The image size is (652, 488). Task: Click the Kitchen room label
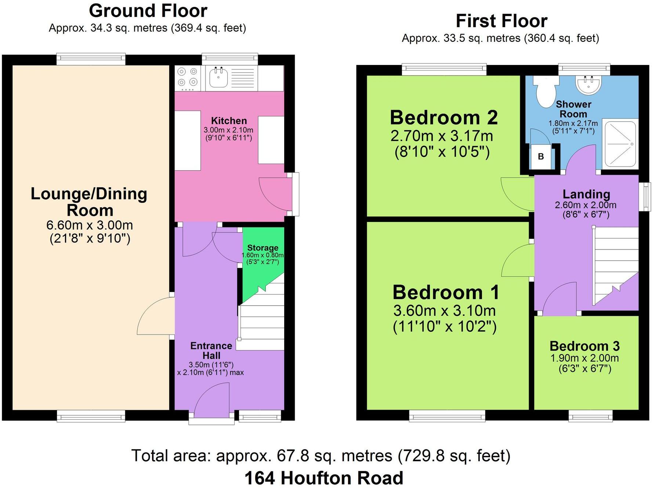point(229,121)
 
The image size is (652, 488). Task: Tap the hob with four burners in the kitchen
point(188,78)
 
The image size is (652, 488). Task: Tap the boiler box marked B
point(541,157)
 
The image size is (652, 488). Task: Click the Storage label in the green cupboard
point(262,248)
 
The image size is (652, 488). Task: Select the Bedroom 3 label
point(584,346)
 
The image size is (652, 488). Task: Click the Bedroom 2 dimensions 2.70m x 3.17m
point(442,136)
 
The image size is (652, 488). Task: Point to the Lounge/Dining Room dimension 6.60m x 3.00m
point(90,225)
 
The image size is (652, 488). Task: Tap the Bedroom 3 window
point(590,416)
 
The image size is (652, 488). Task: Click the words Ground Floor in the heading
point(148,11)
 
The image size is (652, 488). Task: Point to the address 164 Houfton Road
point(324,478)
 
